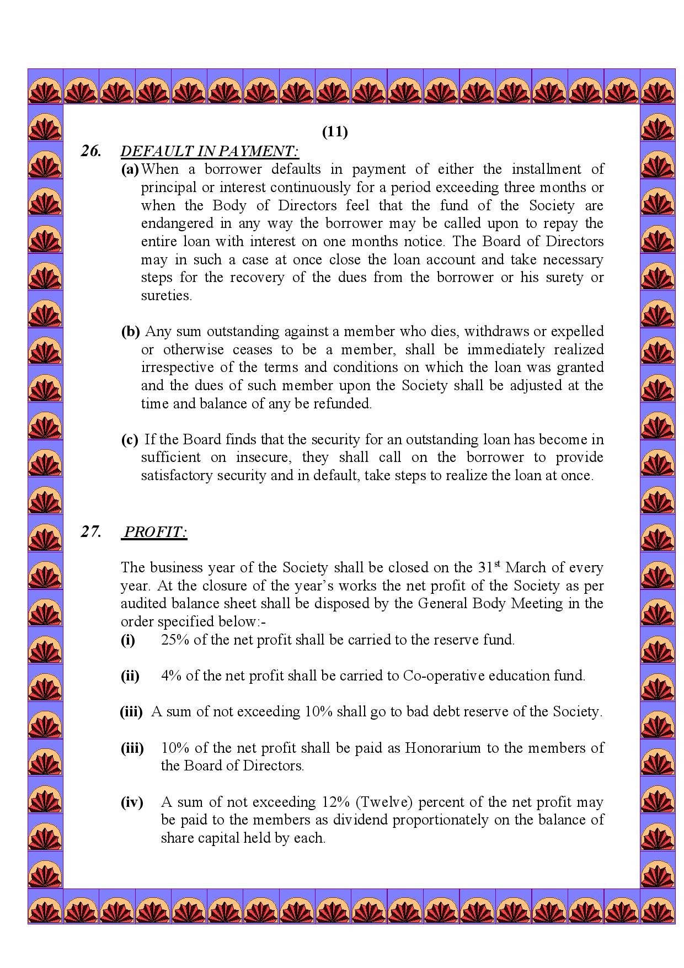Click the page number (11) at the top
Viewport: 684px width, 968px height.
pyautogui.click(x=335, y=132)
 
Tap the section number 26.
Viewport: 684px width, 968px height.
pyautogui.click(x=91, y=151)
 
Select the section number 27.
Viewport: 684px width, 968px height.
pyautogui.click(x=91, y=531)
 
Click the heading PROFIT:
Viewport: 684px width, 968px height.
pyautogui.click(x=155, y=532)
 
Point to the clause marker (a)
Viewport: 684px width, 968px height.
pyautogui.click(x=130, y=169)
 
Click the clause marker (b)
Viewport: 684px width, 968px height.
pyautogui.click(x=130, y=332)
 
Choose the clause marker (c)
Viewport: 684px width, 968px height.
pyautogui.click(x=130, y=440)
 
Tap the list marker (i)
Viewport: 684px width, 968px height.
pyautogui.click(x=128, y=640)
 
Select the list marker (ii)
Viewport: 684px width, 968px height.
pyautogui.click(x=130, y=676)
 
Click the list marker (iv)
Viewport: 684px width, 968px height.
pyautogui.click(x=132, y=802)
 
